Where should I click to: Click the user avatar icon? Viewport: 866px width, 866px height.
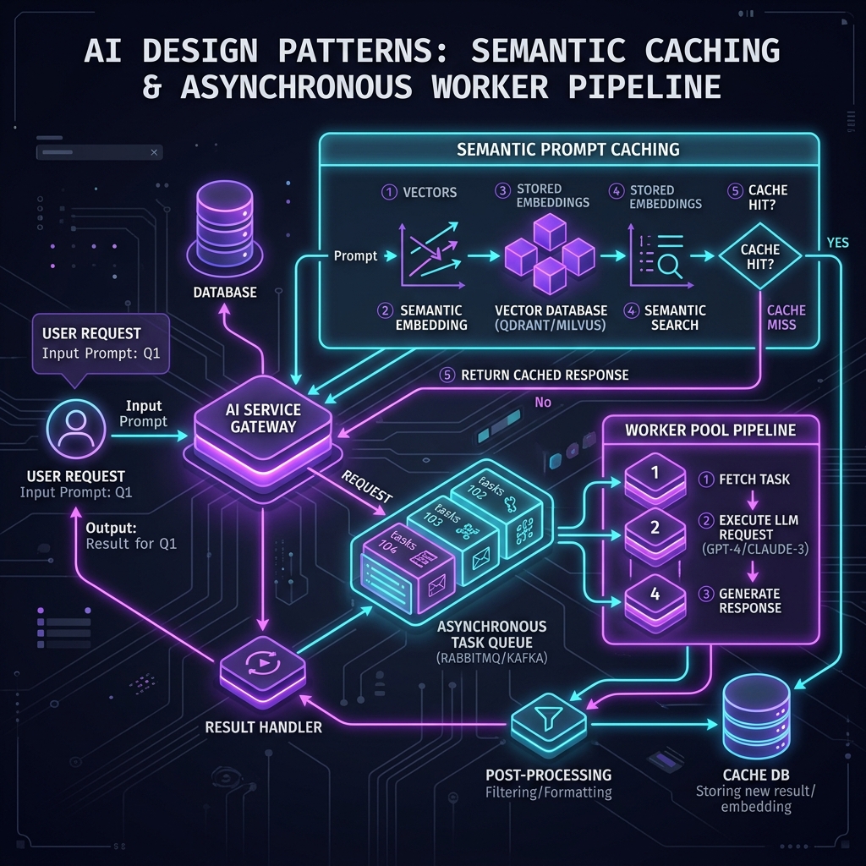coord(75,429)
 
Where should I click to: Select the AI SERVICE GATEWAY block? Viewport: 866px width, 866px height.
coord(263,429)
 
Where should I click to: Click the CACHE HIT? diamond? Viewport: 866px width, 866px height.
coord(760,256)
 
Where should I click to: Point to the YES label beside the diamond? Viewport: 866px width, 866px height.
coord(837,243)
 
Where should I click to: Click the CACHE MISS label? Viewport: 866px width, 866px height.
coord(786,318)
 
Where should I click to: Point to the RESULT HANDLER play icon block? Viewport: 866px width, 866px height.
coord(263,670)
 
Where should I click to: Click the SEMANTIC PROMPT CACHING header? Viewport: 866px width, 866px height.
coord(568,149)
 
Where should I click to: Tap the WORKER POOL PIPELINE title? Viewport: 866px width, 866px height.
coord(710,430)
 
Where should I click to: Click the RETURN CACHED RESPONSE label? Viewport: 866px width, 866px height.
coord(545,375)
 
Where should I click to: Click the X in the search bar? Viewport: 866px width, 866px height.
coord(154,152)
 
